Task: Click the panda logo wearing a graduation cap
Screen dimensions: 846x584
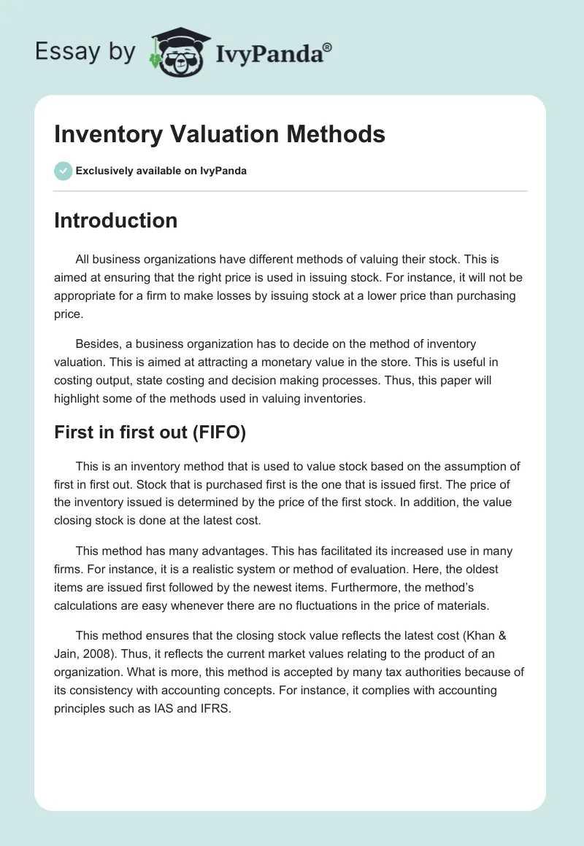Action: (179, 53)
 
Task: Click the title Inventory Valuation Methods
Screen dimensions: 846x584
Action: (220, 134)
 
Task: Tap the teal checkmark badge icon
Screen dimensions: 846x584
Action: (64, 171)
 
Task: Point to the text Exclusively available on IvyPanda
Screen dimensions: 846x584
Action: (161, 171)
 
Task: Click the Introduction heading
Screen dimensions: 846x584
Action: (115, 220)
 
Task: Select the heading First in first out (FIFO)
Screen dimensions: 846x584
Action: (150, 432)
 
